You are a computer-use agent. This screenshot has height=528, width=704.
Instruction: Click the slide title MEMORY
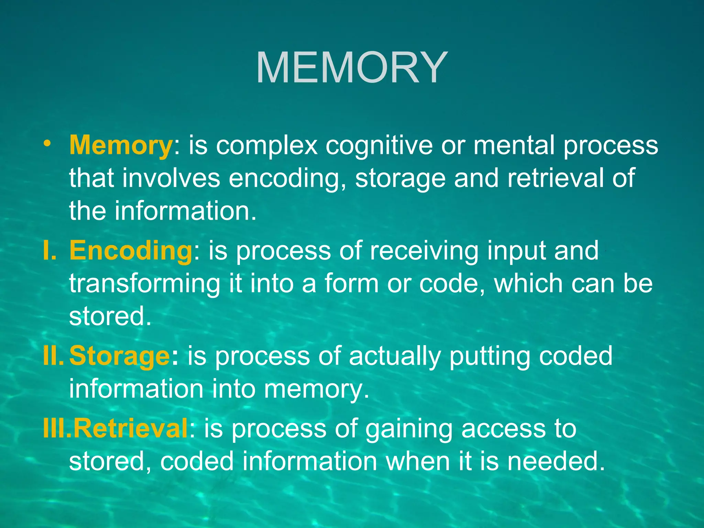click(x=352, y=67)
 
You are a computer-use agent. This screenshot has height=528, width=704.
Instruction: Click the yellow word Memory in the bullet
click(x=121, y=145)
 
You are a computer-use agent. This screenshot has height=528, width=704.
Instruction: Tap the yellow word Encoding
click(x=131, y=251)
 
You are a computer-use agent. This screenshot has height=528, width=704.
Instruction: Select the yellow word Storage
click(x=119, y=356)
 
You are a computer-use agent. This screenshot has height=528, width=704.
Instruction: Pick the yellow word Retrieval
click(x=131, y=429)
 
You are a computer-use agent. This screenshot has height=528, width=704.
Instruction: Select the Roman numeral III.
click(x=57, y=429)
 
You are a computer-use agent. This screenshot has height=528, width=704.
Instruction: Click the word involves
click(x=171, y=178)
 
